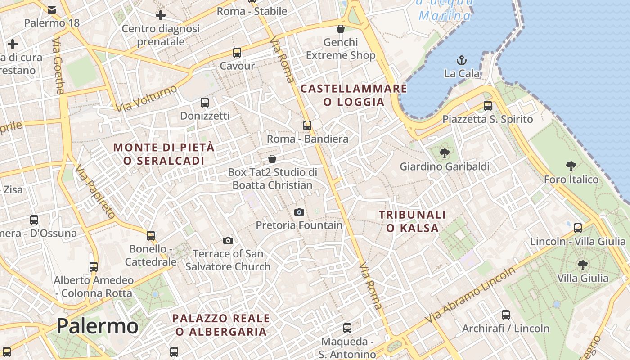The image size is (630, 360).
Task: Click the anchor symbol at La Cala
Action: pyautogui.click(x=461, y=60)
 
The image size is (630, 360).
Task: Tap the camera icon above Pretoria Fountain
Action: pyautogui.click(x=299, y=212)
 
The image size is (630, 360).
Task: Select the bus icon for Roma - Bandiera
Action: pyautogui.click(x=307, y=126)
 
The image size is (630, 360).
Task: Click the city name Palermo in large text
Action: pyautogui.click(x=97, y=326)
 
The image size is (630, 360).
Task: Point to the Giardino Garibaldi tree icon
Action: pyautogui.click(x=444, y=153)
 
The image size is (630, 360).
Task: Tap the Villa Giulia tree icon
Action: pyautogui.click(x=583, y=265)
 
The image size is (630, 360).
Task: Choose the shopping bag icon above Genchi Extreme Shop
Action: pyautogui.click(x=341, y=29)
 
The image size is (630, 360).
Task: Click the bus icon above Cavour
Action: pyautogui.click(x=237, y=53)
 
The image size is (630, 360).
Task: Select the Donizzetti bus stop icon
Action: pyautogui.click(x=205, y=103)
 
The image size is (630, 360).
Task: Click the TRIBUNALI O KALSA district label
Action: pyautogui.click(x=412, y=221)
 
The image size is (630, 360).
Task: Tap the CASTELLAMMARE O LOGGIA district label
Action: pyautogui.click(x=354, y=95)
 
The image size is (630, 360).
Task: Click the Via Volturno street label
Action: pyautogui.click(x=146, y=99)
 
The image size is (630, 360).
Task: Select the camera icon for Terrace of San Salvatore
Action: pyautogui.click(x=228, y=240)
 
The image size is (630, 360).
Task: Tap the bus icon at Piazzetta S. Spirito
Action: pyautogui.click(x=488, y=106)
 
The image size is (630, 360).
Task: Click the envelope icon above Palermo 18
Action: pyautogui.click(x=52, y=9)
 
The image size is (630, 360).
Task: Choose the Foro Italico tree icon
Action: pyautogui.click(x=571, y=166)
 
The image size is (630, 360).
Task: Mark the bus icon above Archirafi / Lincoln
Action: pyautogui.click(x=506, y=315)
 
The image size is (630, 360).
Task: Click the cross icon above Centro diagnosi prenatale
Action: pyautogui.click(x=161, y=16)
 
